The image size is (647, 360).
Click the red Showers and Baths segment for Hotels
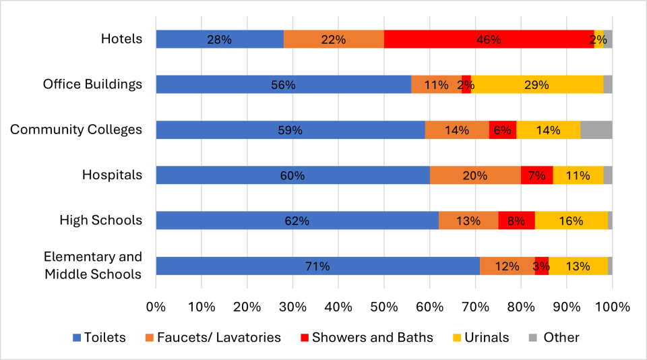click(489, 39)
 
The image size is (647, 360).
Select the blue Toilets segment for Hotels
click(219, 39)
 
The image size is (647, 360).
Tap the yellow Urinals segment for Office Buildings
click(537, 84)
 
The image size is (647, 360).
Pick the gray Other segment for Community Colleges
click(596, 129)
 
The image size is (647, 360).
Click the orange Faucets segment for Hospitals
click(475, 175)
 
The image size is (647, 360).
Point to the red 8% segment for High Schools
click(516, 220)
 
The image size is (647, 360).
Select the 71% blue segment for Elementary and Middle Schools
click(317, 266)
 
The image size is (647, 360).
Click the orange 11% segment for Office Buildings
click(436, 84)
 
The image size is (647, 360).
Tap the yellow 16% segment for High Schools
click(571, 220)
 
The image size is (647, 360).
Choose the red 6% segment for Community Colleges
click(502, 129)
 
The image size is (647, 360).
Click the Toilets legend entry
click(97, 337)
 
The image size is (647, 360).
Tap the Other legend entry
click(553, 337)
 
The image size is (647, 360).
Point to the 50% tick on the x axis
click(383, 306)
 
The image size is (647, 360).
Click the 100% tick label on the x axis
click(611, 306)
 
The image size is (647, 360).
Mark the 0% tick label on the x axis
click(156, 306)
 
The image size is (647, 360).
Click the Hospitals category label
click(112, 175)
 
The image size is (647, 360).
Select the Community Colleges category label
click(76, 129)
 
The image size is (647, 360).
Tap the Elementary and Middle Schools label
click(93, 266)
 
